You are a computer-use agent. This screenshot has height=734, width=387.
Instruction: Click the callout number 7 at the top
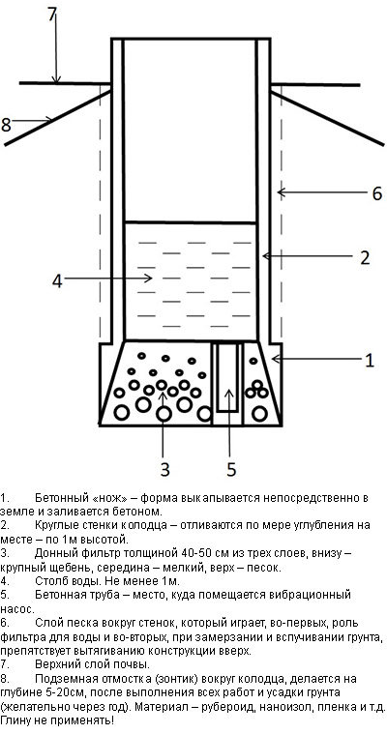[52, 15]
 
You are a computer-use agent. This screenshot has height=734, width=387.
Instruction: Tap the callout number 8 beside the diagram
[6, 125]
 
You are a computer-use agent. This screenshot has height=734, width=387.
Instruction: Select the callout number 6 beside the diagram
[377, 193]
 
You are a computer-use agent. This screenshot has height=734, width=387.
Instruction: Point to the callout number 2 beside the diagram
[365, 258]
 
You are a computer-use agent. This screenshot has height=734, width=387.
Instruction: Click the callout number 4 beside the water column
[57, 281]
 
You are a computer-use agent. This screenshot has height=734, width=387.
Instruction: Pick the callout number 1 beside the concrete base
[371, 361]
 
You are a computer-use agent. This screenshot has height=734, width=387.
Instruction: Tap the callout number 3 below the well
[164, 470]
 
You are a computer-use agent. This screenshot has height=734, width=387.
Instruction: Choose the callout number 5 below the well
[231, 470]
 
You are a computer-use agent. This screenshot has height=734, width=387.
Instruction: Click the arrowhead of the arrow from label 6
[281, 191]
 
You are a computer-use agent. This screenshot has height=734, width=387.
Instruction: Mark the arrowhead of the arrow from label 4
[149, 279]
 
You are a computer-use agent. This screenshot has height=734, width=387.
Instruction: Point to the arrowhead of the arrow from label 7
[56, 80]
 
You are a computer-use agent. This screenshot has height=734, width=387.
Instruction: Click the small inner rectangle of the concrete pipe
[228, 377]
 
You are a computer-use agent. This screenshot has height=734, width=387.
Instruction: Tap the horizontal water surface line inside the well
[191, 221]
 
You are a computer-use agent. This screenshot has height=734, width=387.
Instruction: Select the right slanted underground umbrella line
[327, 118]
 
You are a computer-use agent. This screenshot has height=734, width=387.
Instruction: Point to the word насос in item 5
[15, 610]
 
